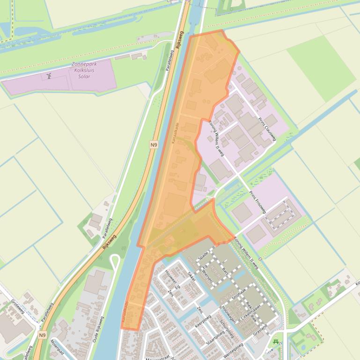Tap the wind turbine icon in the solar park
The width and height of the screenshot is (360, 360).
coord(49,76)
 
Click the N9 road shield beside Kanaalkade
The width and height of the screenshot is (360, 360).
coord(154,145)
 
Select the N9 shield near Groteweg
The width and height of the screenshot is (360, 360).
coord(43,335)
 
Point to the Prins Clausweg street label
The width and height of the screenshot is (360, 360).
coord(267,129)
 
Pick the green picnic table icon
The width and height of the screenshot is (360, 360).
coord(276,342)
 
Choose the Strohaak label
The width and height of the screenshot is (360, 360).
coord(239,295)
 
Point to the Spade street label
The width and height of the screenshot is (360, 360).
coord(203,255)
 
